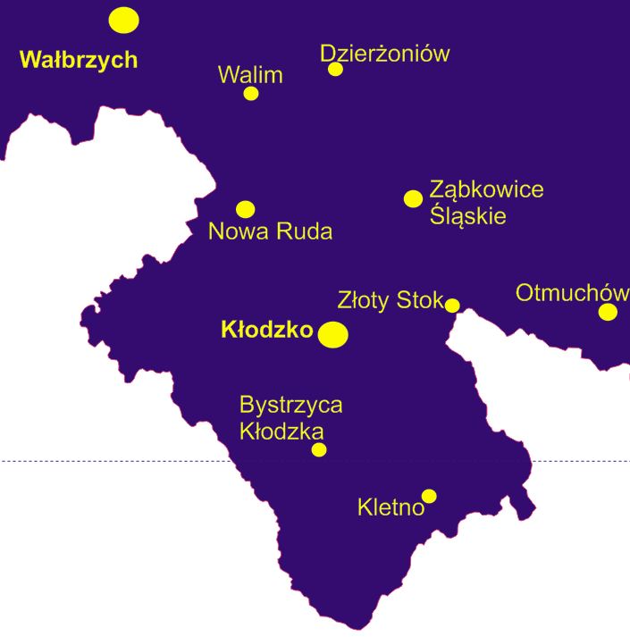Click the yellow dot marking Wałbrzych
(x=123, y=20)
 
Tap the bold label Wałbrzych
(x=79, y=60)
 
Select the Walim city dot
(x=251, y=93)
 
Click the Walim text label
(x=250, y=75)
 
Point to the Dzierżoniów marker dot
(x=335, y=69)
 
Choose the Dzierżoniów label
(x=384, y=54)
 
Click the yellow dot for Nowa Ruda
(x=245, y=209)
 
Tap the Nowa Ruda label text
(x=270, y=232)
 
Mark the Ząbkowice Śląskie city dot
(x=413, y=198)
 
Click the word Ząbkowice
(x=486, y=189)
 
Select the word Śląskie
(x=467, y=216)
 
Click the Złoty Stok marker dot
(x=452, y=306)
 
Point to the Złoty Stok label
(x=391, y=300)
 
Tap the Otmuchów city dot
(x=608, y=312)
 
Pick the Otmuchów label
(x=572, y=293)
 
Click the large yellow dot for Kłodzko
(x=333, y=334)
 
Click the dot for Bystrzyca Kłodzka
(x=319, y=449)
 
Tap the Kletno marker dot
(x=429, y=496)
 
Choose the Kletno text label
(x=390, y=508)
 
